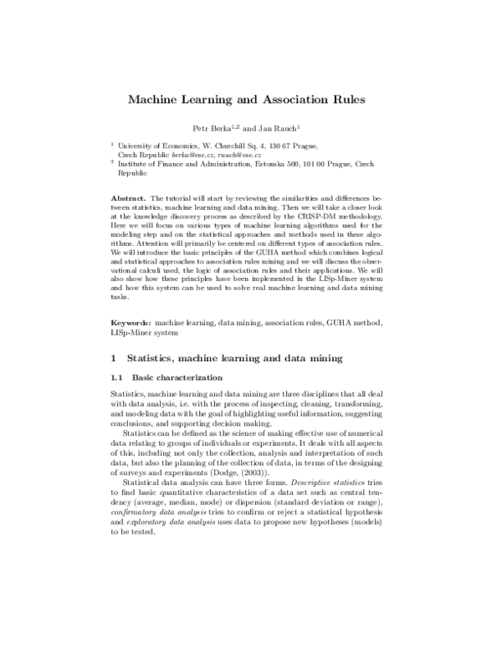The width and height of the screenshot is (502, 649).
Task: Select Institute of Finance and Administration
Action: [184, 166]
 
